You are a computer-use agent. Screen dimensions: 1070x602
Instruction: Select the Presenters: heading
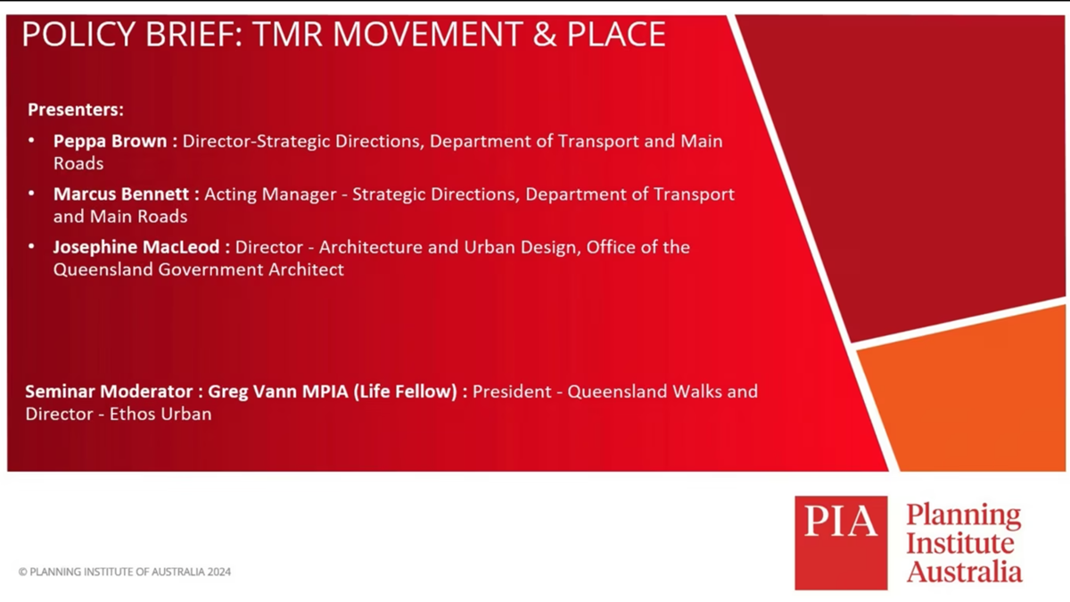76,110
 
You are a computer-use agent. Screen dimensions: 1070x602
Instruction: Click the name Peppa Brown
111,142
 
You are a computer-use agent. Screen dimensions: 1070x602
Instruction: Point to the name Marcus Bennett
121,194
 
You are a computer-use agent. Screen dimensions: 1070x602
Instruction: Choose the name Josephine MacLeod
136,248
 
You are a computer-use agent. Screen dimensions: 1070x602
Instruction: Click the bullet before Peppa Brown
31,141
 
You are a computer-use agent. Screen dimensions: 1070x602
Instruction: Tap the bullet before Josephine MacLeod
31,246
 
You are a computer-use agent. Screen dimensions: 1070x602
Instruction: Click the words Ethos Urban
160,414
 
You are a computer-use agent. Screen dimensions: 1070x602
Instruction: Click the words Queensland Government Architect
199,269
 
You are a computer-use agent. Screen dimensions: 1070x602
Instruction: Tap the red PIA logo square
841,543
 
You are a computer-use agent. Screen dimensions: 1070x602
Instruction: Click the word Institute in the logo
960,543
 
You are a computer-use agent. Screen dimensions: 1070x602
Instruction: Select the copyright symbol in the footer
22,572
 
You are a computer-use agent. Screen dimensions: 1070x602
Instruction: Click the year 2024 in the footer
219,572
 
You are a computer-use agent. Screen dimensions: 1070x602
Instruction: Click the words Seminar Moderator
109,392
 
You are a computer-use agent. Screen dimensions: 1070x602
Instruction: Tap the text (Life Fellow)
406,392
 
